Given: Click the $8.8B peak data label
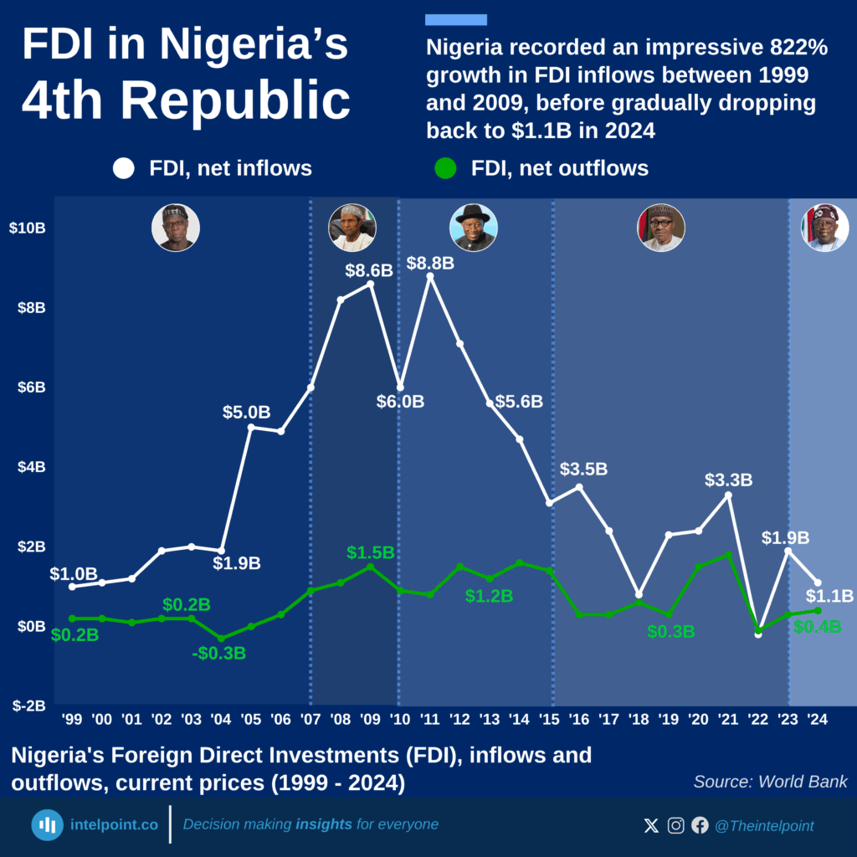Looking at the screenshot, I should coord(430,263).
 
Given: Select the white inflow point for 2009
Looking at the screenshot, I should coord(371,284).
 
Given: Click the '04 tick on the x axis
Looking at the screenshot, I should coord(221,720).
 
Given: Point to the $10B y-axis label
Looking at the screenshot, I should coord(27,228).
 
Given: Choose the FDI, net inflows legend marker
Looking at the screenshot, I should coord(124,168).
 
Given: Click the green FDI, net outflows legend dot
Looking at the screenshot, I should coord(446,168).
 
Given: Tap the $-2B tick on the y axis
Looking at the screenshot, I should coord(28,706).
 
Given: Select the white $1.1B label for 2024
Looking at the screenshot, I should coord(829,596).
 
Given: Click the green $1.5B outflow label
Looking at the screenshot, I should coord(370,552).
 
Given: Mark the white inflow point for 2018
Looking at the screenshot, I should coord(639,594).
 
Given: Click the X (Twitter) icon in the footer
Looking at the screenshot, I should coord(651,826).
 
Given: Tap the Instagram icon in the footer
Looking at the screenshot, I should coord(675,826).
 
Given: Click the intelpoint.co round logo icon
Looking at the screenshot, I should coord(48,824).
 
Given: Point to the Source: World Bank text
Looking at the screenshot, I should coord(770,782).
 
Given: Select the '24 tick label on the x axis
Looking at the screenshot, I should coord(818,720).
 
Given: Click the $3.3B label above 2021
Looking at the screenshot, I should coord(728,480).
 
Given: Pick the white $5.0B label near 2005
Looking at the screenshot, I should coord(246,412).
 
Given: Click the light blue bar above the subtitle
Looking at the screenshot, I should coord(456,20).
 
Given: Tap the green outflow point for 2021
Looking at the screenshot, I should coord(728,554).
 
